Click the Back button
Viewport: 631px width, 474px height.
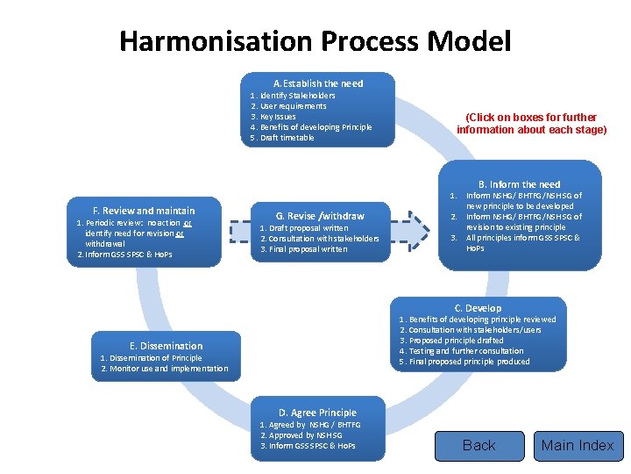[479, 445]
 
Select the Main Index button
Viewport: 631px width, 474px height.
[578, 445]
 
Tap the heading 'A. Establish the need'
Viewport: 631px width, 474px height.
[317, 83]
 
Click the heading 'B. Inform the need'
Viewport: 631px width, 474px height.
[519, 184]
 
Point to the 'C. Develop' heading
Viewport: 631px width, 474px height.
[478, 308]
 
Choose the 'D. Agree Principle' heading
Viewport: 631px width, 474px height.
[317, 413]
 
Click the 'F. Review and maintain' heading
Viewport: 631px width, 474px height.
[144, 211]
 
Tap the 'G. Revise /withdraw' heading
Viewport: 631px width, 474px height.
[320, 216]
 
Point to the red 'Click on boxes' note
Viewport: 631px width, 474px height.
[531, 123]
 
